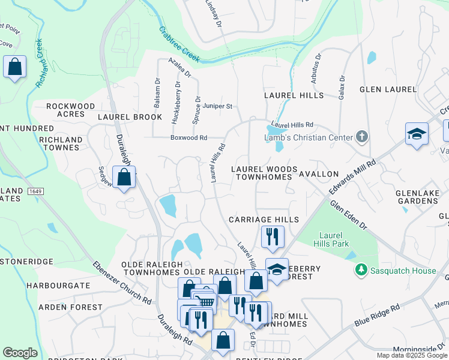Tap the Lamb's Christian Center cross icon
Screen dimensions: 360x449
click(361, 137)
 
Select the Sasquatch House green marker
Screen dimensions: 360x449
click(361, 271)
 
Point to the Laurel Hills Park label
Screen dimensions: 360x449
click(331, 239)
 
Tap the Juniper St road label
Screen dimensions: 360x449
click(217, 106)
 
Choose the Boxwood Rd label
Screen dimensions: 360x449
click(188, 137)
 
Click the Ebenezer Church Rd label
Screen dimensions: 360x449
click(122, 282)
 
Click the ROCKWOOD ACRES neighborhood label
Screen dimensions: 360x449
click(71, 110)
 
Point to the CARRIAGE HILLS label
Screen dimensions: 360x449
click(264, 220)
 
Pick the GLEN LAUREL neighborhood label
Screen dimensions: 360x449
click(388, 89)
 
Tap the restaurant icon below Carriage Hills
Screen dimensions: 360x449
click(272, 236)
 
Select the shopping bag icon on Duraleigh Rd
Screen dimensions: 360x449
click(124, 178)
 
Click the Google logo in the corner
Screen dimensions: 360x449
click(20, 353)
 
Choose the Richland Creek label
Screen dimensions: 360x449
click(40, 63)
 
